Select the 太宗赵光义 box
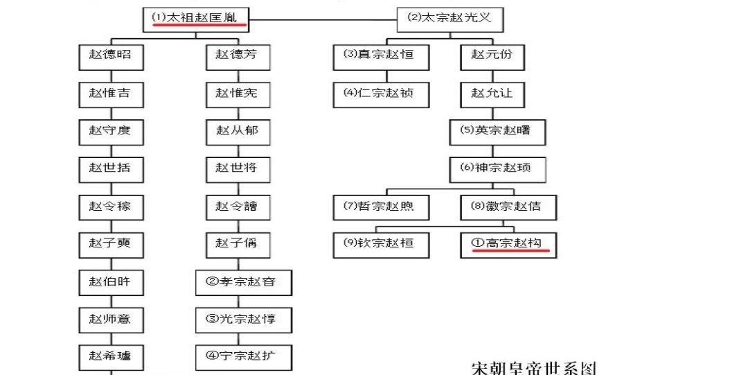[x=449, y=19]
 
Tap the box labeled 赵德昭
[x=110, y=56]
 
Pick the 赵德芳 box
[x=237, y=56]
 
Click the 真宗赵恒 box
[x=379, y=56]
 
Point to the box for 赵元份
[x=492, y=56]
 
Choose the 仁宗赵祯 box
[x=379, y=94]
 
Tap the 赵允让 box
[x=492, y=94]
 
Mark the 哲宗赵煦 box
[x=379, y=207]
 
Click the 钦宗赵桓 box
[x=379, y=244]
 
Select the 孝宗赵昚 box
[x=244, y=282]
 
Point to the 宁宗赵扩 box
[x=244, y=357]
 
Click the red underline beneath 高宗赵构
[x=511, y=252]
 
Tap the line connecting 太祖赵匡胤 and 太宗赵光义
[x=323, y=19]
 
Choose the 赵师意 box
[x=110, y=320]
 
